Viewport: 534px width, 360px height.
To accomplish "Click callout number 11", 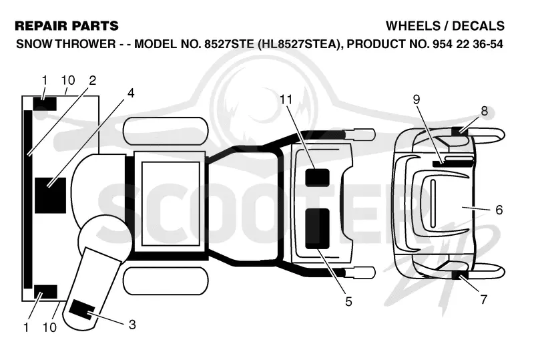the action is click(286, 100).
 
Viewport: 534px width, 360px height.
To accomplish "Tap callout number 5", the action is click(348, 301).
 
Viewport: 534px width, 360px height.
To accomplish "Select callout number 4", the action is click(131, 93).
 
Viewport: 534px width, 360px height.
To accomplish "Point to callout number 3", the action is click(132, 324).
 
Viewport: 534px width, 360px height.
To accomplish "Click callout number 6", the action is click(499, 210).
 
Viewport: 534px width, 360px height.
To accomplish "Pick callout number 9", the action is click(416, 100).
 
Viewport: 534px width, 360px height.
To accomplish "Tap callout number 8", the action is click(484, 111).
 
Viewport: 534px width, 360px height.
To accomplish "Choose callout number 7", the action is click(483, 299).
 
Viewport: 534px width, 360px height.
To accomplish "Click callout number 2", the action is click(92, 80).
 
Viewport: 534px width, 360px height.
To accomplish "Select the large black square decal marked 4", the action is click(51, 195).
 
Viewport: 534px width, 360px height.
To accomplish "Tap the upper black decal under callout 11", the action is click(317, 178).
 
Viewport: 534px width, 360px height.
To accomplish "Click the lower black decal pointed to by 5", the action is click(317, 228).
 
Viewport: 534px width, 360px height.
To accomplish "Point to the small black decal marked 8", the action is click(460, 130).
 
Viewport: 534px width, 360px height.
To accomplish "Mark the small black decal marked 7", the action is click(460, 275).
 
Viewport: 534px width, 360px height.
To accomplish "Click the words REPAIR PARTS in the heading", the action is click(67, 26).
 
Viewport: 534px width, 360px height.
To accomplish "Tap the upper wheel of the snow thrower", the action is click(166, 130).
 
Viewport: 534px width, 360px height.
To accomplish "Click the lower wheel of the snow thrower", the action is click(166, 281).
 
